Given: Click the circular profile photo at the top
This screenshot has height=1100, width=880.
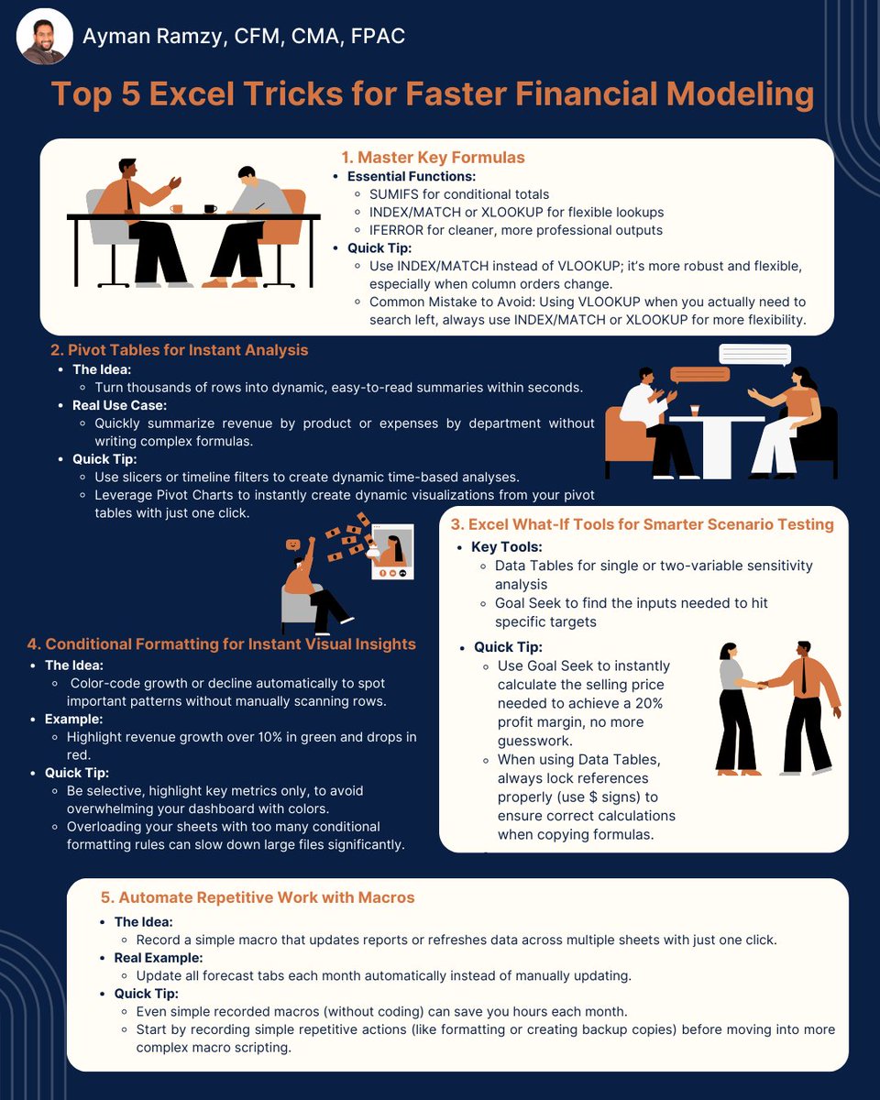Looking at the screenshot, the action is pos(45,37).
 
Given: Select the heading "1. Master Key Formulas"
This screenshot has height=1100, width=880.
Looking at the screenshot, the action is pos(433,158).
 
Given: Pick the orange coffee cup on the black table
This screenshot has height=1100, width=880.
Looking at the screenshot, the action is pos(176,209).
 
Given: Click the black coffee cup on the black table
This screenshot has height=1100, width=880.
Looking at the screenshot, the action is pos(210,209).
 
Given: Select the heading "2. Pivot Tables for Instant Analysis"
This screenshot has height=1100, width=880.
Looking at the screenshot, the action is pos(179,350).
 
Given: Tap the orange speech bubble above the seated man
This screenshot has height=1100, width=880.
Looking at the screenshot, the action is pos(700,375).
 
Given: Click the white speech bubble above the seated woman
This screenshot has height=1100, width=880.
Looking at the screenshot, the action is pos(755,355).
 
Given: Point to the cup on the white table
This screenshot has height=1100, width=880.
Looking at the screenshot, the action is pos(695,411).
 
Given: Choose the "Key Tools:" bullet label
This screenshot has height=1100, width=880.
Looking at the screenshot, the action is pos(507,547).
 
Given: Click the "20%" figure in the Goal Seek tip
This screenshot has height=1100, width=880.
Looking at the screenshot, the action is pos(649,703).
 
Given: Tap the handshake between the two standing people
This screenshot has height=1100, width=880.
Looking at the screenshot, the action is pos(763,685).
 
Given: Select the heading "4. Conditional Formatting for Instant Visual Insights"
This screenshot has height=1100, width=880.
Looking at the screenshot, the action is pos(222,644).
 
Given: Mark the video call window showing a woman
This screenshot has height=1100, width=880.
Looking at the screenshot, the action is pos(392,552).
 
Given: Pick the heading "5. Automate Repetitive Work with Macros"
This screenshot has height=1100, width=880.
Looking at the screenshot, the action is pos(258,897).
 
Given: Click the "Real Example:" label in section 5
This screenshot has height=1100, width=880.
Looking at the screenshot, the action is pos(159,957).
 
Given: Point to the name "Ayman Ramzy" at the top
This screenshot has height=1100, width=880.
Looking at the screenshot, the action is pos(152,37).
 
